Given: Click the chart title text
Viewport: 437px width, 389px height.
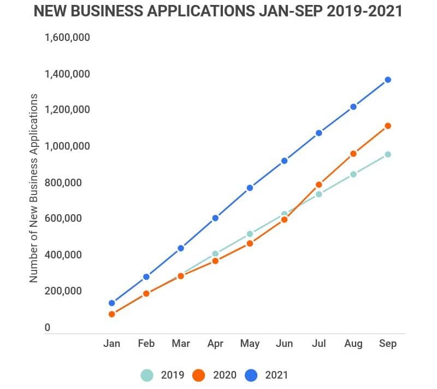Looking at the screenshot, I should (x=218, y=11).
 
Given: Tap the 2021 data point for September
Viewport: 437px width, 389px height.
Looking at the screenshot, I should (x=388, y=80).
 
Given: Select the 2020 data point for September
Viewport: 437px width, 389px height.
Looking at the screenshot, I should (x=388, y=126).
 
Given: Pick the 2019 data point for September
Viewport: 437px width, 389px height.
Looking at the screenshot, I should (x=388, y=155).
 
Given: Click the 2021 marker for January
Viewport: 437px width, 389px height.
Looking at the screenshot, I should (x=112, y=303).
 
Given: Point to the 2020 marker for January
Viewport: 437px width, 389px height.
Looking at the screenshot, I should (x=112, y=314).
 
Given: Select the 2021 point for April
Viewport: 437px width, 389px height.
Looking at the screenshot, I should (x=215, y=218).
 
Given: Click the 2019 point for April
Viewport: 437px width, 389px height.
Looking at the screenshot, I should (x=215, y=254).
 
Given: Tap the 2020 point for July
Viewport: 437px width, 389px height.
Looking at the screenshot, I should (x=319, y=185).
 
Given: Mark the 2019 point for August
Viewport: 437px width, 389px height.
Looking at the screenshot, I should (x=353, y=174).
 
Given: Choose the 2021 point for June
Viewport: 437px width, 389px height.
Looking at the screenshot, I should (x=284, y=161).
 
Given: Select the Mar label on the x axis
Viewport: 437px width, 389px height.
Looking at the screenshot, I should (x=181, y=344).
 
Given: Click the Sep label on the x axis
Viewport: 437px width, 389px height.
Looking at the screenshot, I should (x=387, y=344).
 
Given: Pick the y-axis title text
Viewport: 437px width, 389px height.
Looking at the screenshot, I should (x=34, y=188).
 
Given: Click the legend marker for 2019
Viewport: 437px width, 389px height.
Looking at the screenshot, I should (x=147, y=375).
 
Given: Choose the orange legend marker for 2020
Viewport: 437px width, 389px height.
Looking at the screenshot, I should (x=199, y=375).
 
